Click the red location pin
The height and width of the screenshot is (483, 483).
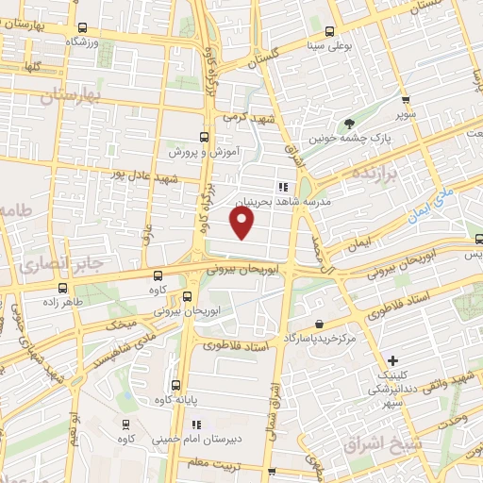[x=242, y=223]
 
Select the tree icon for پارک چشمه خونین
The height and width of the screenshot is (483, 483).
[x=350, y=123]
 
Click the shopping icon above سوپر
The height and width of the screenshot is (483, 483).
[x=405, y=99]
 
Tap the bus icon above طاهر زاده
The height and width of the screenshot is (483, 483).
[x=63, y=288]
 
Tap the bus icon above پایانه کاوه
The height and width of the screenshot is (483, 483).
[x=176, y=385]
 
